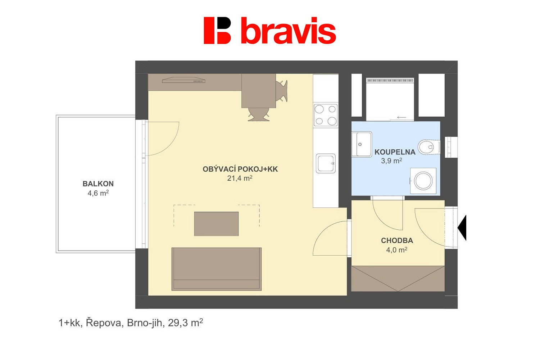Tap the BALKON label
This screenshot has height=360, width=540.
click(x=98, y=184)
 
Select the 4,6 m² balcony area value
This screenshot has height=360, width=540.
click(x=98, y=193)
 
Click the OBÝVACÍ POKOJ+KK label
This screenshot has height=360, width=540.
click(x=240, y=169)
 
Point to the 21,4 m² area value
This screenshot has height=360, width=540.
click(x=240, y=178)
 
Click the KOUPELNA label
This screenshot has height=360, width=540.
click(x=395, y=152)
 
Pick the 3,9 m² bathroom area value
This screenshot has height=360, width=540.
click(x=391, y=161)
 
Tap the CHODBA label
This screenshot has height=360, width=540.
click(x=397, y=240)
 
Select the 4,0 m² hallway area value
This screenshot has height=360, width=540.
click(x=397, y=250)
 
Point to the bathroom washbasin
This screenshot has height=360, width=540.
click(x=361, y=144)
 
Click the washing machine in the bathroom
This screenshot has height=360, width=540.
click(x=423, y=181)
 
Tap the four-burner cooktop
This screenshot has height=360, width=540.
click(x=326, y=115)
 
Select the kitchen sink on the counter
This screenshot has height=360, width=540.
click(x=326, y=163)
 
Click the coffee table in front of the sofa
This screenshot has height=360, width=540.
click(x=216, y=224)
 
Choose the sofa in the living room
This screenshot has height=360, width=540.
click(x=217, y=269)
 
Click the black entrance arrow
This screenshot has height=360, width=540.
click(x=462, y=228)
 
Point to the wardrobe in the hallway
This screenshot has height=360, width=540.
click(x=398, y=278)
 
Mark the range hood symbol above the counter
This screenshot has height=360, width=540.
click(x=184, y=80)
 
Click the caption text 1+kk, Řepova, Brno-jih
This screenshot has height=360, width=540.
click(x=112, y=323)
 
